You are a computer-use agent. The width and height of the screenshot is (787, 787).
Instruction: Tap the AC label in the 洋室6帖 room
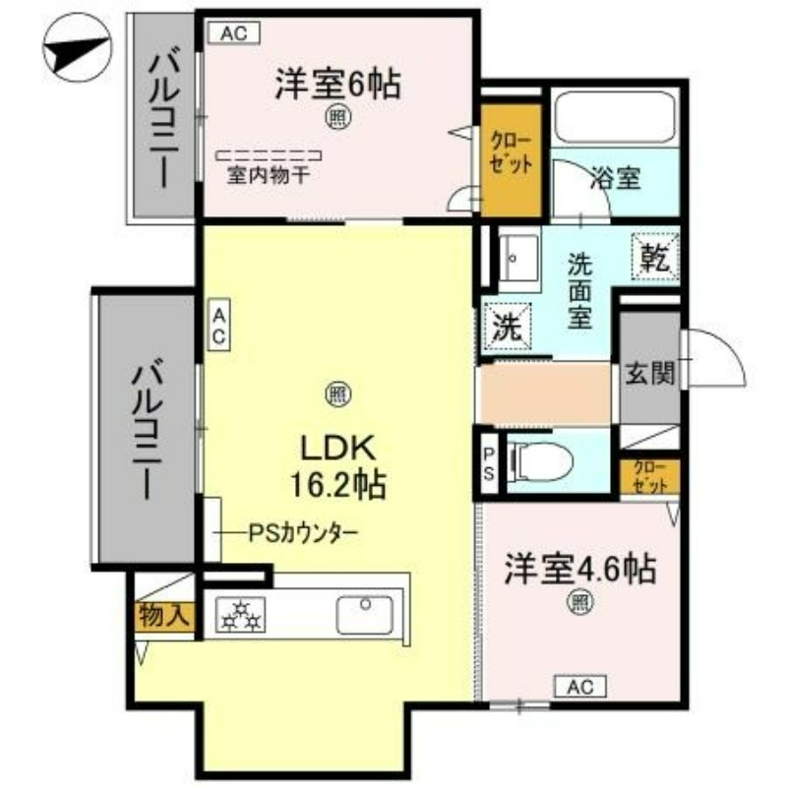(233, 33)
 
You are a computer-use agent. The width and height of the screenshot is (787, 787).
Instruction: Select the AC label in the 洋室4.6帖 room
(579, 686)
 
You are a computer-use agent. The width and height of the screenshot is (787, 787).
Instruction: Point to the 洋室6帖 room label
(336, 85)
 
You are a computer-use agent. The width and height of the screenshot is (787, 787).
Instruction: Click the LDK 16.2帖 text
(338, 464)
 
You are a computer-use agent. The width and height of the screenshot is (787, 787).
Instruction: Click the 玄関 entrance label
(649, 373)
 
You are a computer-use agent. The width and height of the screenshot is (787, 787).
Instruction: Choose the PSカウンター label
(302, 534)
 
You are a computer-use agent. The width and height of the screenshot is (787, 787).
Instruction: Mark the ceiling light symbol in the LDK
(335, 394)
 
